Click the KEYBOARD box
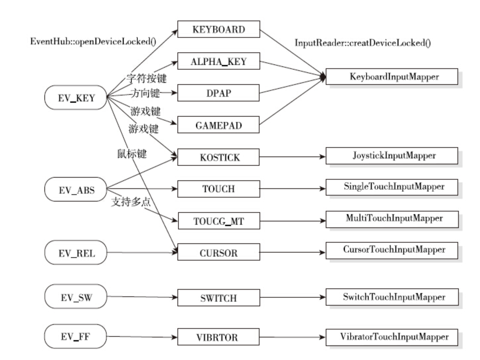tap(218, 29)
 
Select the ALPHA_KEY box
tap(218, 61)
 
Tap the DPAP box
tap(218, 93)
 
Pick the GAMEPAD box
tap(218, 125)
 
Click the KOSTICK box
tap(218, 157)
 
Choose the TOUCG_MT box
tap(219, 221)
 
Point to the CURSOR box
tap(218, 253)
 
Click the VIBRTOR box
tap(218, 337)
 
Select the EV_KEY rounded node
tap(76, 97)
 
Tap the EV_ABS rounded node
tap(76, 190)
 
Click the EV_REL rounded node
tap(76, 253)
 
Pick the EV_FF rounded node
tap(76, 336)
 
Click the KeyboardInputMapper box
tap(392, 77)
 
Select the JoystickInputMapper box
tap(392, 156)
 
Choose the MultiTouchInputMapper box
tap(392, 219)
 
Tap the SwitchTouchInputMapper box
tap(392, 297)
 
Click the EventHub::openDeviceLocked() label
tap(93, 41)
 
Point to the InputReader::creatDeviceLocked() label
tap(363, 43)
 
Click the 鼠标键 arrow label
tap(132, 153)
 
